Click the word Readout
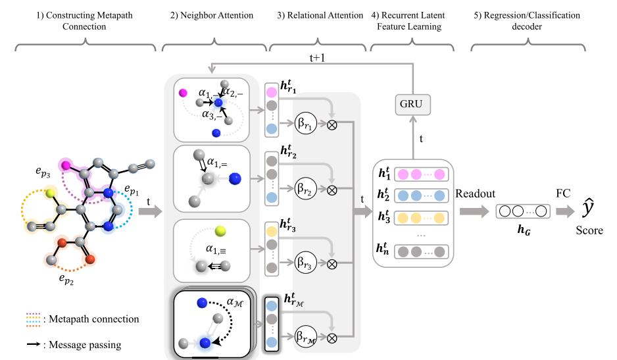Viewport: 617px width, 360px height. point(474,195)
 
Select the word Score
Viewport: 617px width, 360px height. point(590,230)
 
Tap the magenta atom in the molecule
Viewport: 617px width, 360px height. point(66,165)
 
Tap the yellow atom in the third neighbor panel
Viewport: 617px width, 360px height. point(220,231)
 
